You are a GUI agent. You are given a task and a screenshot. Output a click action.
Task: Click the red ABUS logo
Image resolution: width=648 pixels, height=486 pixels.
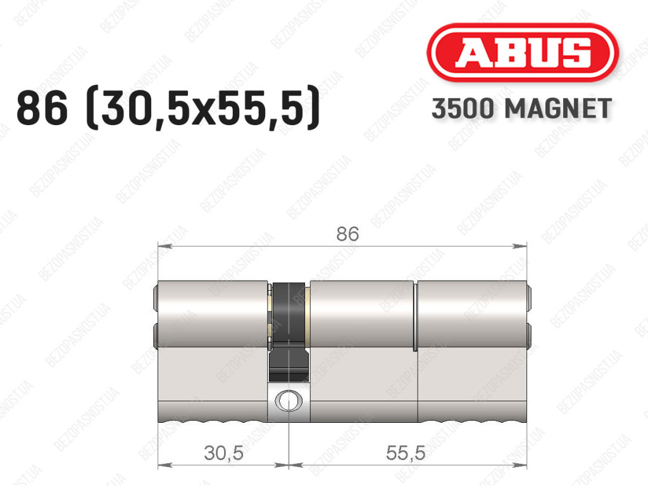[x=522, y=52]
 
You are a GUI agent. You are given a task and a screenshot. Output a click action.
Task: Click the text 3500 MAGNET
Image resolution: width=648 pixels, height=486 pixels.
[x=521, y=109]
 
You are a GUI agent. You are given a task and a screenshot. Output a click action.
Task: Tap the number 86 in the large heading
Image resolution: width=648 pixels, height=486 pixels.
[x=42, y=108]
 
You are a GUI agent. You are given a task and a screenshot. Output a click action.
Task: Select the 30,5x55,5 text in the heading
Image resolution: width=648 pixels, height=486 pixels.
[x=202, y=109]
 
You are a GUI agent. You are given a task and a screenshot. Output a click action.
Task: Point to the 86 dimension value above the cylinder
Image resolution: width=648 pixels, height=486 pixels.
[x=347, y=234]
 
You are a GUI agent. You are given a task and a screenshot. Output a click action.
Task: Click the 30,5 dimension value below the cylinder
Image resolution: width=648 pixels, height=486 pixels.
[x=223, y=453]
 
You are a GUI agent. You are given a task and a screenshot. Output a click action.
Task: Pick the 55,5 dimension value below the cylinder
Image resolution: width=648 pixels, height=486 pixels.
[x=406, y=453]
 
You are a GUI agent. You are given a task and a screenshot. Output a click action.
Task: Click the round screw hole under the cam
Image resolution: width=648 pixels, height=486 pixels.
[x=289, y=401]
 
